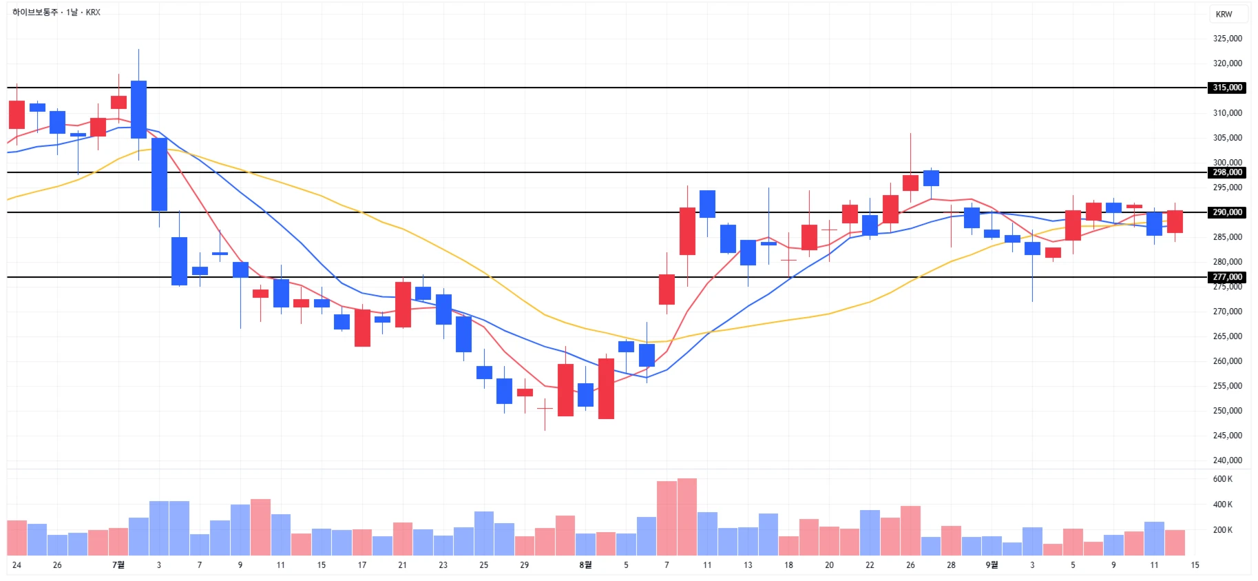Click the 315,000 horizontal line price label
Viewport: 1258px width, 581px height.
point(1227,88)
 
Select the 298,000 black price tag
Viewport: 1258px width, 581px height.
point(1227,172)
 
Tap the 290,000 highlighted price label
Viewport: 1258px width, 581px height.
point(1227,212)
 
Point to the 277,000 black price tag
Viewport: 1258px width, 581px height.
point(1227,277)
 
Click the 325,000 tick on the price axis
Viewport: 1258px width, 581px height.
point(1227,39)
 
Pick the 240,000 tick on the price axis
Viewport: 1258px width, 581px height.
point(1227,460)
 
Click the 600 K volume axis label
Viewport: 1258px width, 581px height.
point(1222,479)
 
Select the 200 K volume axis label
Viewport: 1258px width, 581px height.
point(1222,530)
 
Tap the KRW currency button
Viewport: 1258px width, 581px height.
point(1224,14)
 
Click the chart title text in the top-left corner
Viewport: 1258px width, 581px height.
point(56,12)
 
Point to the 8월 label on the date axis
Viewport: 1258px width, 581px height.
point(585,565)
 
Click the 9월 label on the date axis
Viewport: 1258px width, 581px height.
point(992,565)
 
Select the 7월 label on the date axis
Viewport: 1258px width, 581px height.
point(118,565)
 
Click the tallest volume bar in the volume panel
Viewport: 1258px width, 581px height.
point(686,517)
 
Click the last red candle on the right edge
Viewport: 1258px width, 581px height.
point(1175,221)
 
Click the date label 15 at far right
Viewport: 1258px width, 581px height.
point(1195,565)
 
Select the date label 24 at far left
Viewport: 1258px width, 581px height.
point(17,565)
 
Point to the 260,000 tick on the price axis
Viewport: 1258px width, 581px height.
point(1227,361)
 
